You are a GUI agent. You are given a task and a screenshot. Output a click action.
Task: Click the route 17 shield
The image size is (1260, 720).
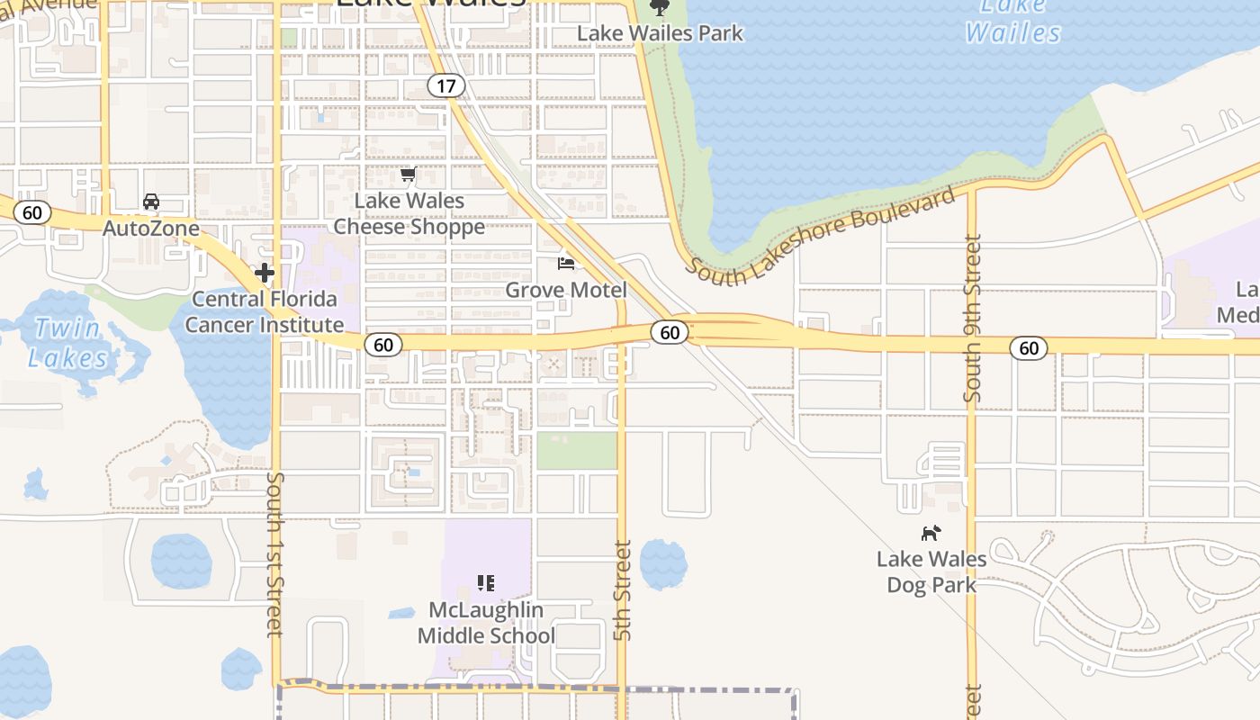445,85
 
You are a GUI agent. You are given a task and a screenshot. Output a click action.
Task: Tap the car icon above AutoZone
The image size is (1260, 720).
151,202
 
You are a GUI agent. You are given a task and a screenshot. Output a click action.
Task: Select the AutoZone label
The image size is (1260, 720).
151,229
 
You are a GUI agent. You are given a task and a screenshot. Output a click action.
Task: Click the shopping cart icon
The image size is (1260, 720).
409,174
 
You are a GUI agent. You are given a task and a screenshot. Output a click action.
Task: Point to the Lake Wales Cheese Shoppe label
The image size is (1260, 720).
409,213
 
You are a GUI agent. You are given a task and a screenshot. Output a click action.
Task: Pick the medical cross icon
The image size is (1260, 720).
265,272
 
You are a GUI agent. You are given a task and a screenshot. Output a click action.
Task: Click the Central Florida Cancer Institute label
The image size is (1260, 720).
265,312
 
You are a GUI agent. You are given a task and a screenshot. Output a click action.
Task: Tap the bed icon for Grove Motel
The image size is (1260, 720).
566,263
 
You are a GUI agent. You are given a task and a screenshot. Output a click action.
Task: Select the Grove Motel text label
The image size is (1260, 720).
566,290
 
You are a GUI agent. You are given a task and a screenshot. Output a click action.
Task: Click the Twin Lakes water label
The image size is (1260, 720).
67,343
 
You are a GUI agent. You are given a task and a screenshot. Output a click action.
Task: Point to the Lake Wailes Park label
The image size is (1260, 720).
660,33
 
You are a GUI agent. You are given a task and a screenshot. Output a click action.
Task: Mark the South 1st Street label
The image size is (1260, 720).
275,553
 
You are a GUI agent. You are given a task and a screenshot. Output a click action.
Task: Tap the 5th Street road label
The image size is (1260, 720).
623,589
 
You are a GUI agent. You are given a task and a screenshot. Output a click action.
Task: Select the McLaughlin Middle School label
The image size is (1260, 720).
486,623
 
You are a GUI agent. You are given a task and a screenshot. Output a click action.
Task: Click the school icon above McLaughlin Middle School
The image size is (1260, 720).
486,583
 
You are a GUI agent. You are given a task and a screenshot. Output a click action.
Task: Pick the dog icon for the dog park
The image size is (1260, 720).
931,533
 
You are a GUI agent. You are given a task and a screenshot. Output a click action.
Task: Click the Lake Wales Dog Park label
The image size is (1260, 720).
931,571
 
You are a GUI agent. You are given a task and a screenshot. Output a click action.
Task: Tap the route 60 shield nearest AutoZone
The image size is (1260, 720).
32,213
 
